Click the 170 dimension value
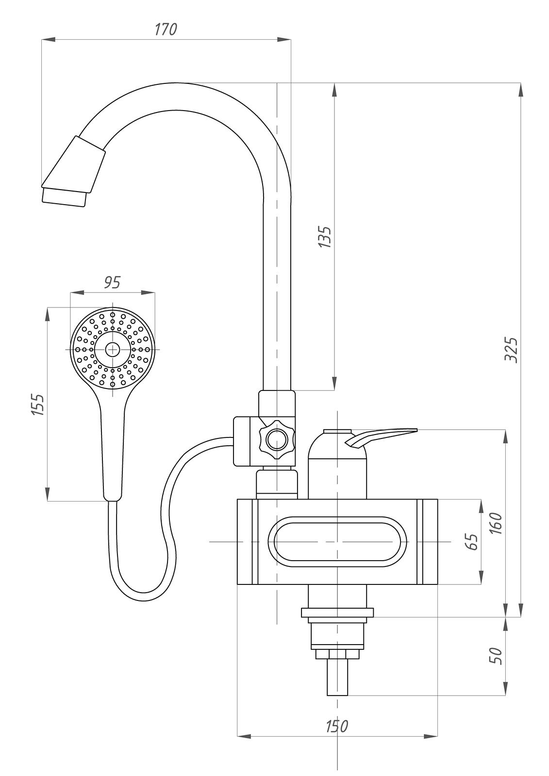coord(166,30)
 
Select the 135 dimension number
coord(325,237)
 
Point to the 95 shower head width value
coord(112,283)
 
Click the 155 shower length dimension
coord(38,404)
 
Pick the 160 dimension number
coord(496,523)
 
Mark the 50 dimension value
coord(497,655)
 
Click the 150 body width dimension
coord(336,724)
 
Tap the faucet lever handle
coord(381,438)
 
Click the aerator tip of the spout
coord(64,197)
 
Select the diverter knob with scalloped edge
coord(277,439)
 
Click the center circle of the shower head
coord(113,350)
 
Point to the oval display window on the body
coord(337,542)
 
